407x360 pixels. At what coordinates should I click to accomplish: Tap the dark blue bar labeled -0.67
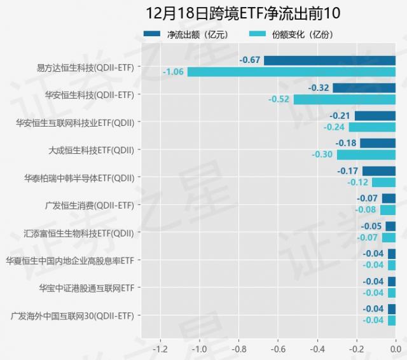(x=329, y=60)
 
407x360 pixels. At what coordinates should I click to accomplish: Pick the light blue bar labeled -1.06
(x=291, y=72)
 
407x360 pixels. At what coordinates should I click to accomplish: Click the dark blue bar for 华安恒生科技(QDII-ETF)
(x=364, y=88)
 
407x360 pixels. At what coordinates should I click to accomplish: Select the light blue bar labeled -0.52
(x=344, y=99)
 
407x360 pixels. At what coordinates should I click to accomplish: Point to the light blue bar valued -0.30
(x=366, y=155)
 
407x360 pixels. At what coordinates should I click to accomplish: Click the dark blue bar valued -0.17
(x=379, y=170)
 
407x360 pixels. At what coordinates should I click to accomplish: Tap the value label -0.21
(x=340, y=116)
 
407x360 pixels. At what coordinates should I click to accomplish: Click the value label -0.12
(x=358, y=182)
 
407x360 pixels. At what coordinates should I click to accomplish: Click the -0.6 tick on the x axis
(x=278, y=349)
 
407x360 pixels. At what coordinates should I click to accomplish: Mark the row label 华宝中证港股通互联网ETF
(x=87, y=287)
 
